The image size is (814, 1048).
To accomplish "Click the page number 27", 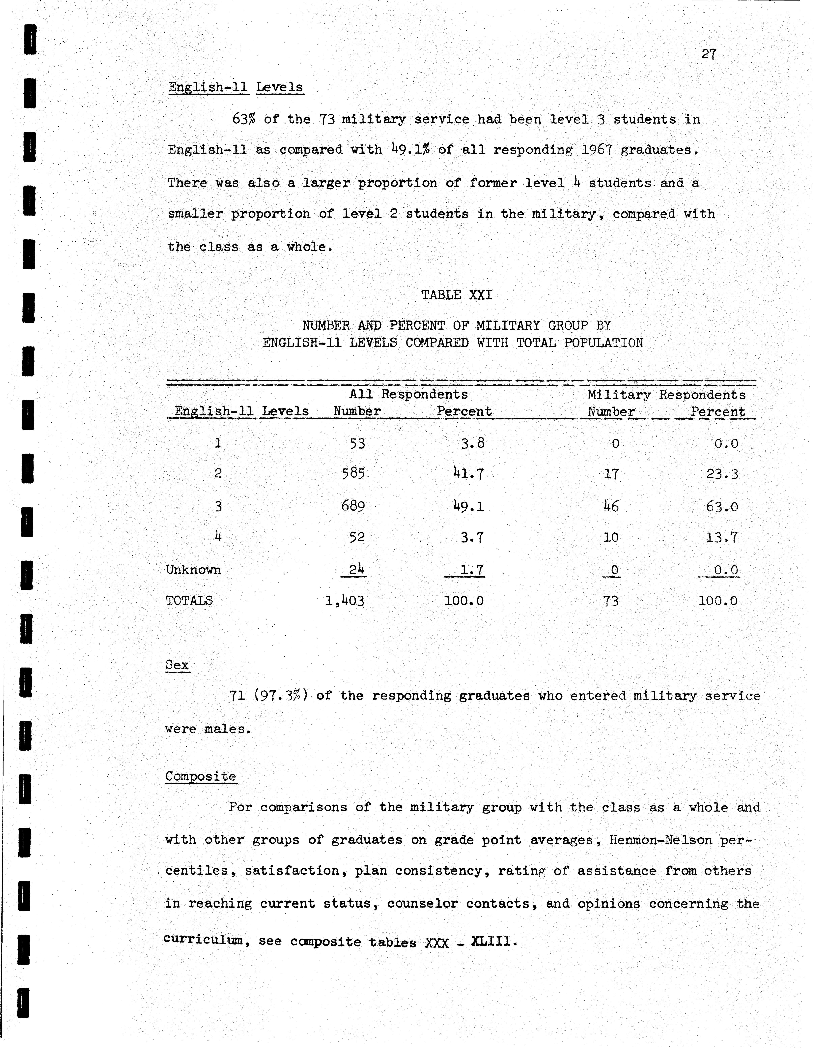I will coord(709,54).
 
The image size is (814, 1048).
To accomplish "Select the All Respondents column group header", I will coord(408,394).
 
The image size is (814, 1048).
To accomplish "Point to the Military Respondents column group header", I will coord(666,395).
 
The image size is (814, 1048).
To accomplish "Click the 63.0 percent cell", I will coord(722,506).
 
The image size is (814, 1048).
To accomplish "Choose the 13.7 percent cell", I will coord(722,537).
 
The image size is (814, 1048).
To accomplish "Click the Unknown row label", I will coord(193,570).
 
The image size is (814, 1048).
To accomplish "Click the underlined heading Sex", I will coord(177,665).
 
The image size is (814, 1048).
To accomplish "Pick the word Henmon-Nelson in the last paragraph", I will coord(660,840).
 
